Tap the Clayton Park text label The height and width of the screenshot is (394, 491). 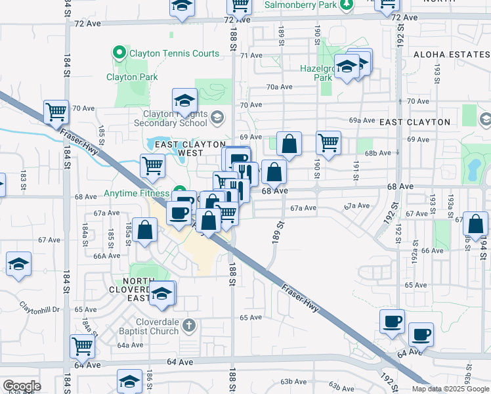point(132,77)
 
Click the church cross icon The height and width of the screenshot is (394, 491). point(189,325)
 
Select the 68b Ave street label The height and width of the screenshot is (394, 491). point(378,153)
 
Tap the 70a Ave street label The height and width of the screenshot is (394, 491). point(279,87)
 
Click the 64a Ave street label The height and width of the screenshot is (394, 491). point(131,345)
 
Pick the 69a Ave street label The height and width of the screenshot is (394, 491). point(362,121)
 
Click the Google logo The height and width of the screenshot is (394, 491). point(22,386)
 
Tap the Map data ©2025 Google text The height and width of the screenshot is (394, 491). point(450,389)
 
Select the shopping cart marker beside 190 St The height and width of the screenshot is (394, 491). point(328,141)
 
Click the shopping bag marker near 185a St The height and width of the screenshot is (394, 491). point(146,229)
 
